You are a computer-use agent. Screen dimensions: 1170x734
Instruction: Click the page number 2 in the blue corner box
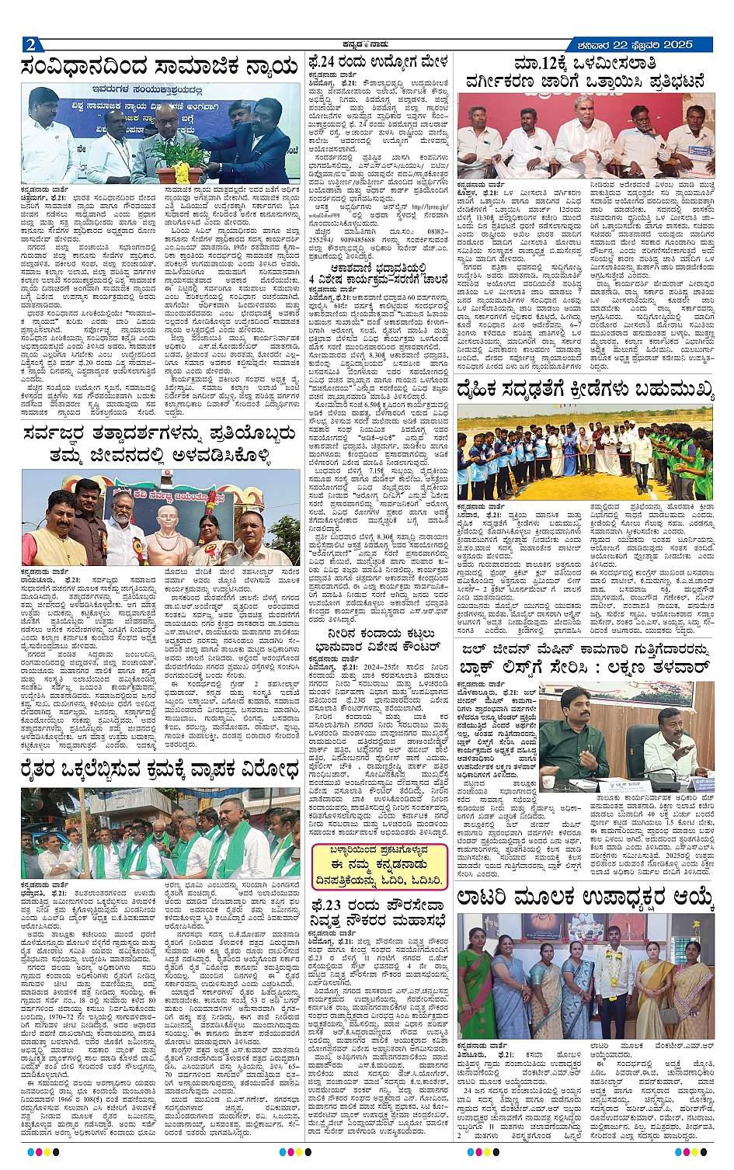30,44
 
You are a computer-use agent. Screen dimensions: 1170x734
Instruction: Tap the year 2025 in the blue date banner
673,44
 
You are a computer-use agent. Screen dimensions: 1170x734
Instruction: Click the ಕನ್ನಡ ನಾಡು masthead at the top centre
366,43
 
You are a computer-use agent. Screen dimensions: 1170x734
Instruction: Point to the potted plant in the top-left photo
181,165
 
